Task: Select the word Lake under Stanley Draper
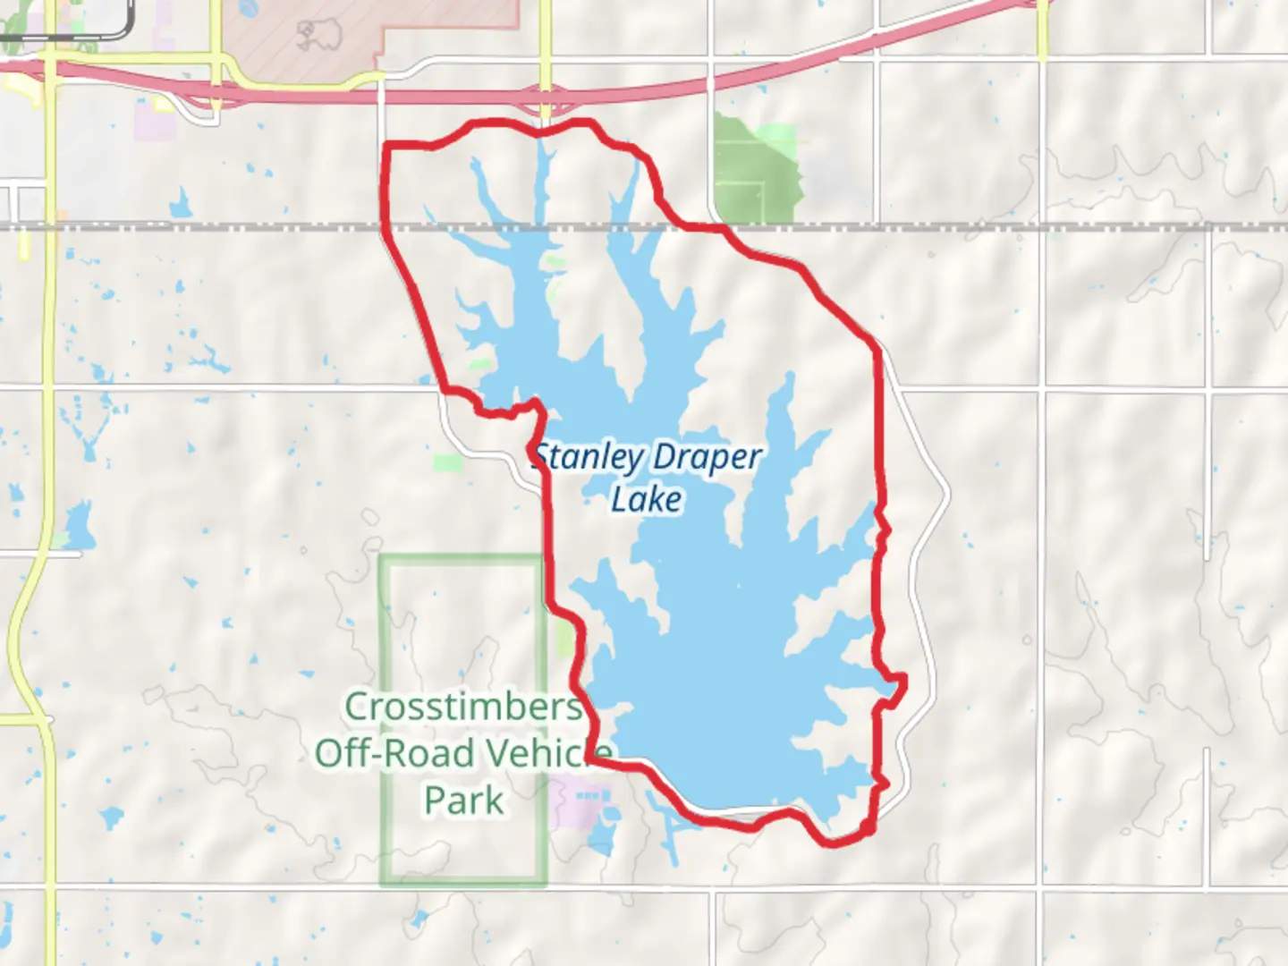click(x=646, y=499)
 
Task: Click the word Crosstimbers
click(x=463, y=707)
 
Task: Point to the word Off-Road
click(x=394, y=753)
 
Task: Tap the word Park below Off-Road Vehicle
click(x=463, y=800)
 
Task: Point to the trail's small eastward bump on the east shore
click(x=898, y=683)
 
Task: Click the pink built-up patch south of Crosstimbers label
click(x=581, y=801)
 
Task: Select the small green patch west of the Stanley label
click(x=448, y=463)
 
